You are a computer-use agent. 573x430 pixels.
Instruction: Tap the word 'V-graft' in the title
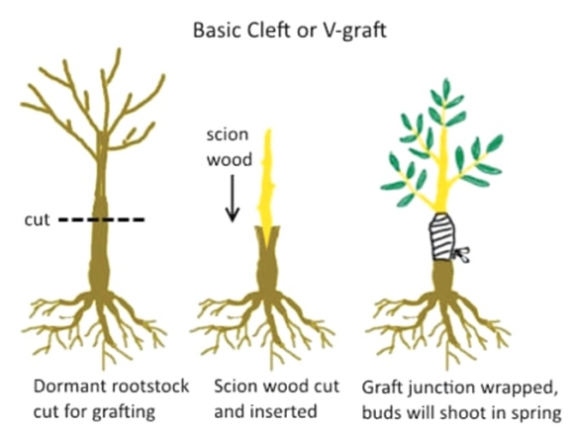click(354, 31)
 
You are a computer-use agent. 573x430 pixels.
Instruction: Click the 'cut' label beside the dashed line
click(37, 219)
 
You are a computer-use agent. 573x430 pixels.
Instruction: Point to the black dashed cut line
click(102, 219)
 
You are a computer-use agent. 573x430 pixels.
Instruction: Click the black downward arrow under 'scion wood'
click(232, 199)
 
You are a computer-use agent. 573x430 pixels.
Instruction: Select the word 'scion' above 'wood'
click(228, 134)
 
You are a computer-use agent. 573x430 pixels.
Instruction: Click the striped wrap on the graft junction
click(441, 236)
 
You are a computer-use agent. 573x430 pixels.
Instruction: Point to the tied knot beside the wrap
click(461, 254)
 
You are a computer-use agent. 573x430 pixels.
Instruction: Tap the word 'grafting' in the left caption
click(124, 412)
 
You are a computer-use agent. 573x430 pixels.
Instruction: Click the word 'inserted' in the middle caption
click(284, 411)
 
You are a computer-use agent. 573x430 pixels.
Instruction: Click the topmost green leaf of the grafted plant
click(446, 89)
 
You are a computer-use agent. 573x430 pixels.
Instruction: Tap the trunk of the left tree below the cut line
click(99, 255)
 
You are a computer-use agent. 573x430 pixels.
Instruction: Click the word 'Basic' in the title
click(217, 30)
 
